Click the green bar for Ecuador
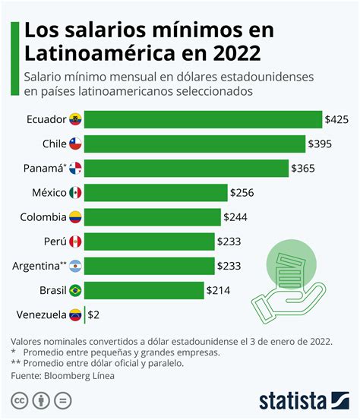203,119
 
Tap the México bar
156,193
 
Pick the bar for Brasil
144,290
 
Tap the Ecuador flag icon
75,119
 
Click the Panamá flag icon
75,169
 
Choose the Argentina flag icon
75,266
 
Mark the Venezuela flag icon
75,314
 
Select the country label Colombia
43,217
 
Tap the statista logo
304,400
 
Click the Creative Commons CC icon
19,400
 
